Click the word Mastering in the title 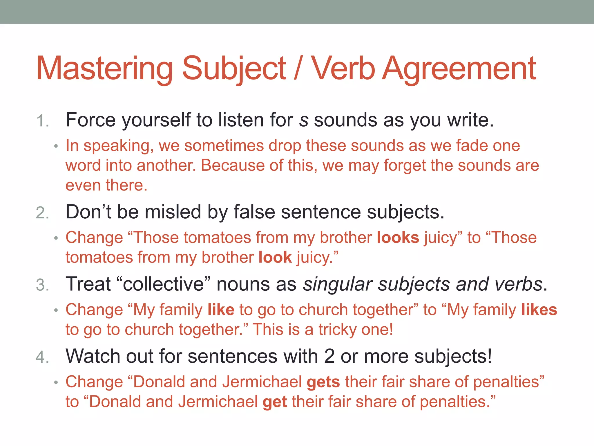[x=104, y=69]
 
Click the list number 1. [x=42, y=121]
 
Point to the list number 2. [x=42, y=213]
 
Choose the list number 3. [x=42, y=285]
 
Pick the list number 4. [x=42, y=357]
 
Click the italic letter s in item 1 [x=304, y=120]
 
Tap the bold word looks [x=398, y=238]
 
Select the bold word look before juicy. [x=275, y=258]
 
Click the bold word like [x=221, y=310]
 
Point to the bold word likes [x=539, y=310]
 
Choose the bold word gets [x=323, y=382]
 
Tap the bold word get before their [x=275, y=402]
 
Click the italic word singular [x=337, y=284]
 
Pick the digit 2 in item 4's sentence [x=329, y=356]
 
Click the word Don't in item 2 [x=88, y=212]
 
